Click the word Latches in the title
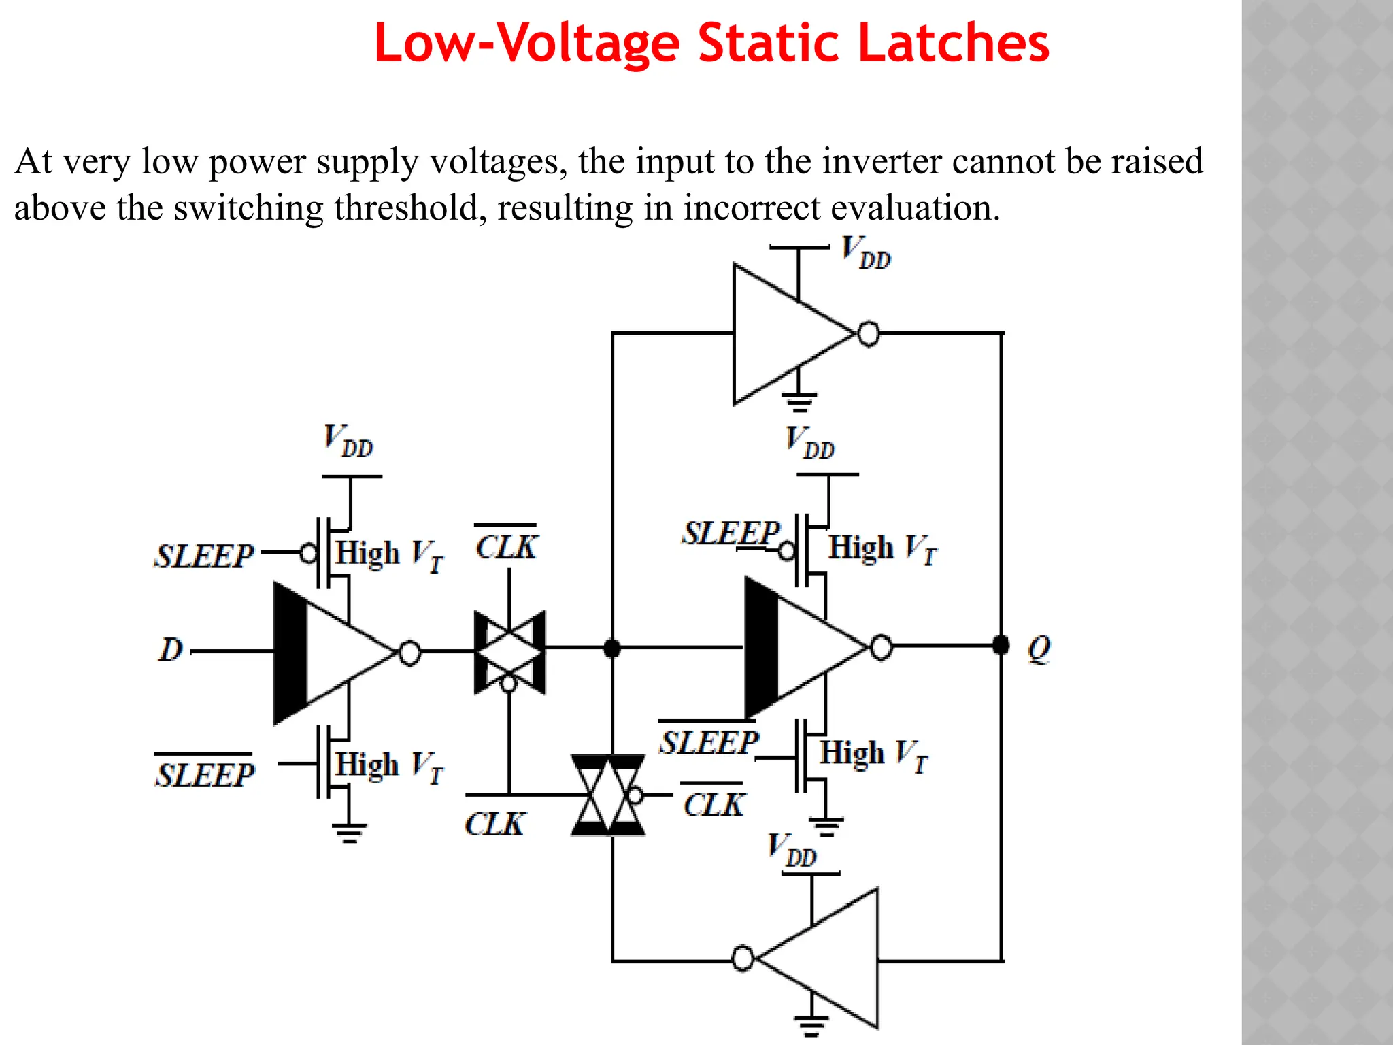tap(953, 43)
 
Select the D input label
tap(171, 650)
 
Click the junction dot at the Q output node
tap(1001, 645)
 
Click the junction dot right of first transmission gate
tap(611, 648)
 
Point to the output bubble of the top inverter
tap(869, 334)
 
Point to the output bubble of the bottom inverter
tap(743, 958)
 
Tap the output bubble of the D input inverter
tap(409, 652)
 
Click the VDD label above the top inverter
tap(865, 252)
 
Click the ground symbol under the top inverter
tap(799, 403)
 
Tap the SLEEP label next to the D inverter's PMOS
tap(204, 556)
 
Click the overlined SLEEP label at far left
tap(204, 774)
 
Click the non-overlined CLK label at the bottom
tap(494, 824)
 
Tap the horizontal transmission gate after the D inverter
tap(509, 652)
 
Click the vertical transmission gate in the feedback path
tap(608, 795)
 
